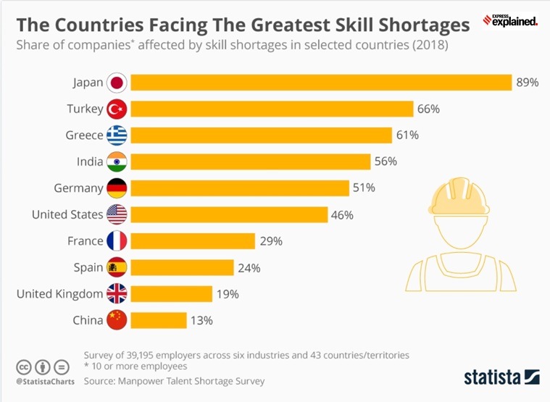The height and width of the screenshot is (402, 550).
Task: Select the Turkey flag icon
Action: [x=117, y=109]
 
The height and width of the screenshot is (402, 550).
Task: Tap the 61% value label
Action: [x=407, y=135]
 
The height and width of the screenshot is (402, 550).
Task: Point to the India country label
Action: [x=88, y=162]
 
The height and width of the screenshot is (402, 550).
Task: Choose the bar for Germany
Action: [x=239, y=188]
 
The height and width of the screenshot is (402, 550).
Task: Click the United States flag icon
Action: [x=117, y=214]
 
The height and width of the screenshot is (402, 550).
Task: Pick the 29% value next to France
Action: [x=271, y=241]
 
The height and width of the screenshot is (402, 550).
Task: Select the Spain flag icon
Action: [x=117, y=267]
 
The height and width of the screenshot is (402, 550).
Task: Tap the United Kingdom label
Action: [x=59, y=293]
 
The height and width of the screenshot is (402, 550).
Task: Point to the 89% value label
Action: [x=527, y=83]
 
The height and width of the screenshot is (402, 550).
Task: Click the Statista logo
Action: [x=501, y=377]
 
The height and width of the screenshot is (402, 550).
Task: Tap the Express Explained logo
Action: [x=510, y=20]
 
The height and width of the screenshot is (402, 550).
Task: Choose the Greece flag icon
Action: [x=117, y=135]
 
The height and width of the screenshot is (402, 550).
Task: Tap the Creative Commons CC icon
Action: [x=25, y=367]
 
